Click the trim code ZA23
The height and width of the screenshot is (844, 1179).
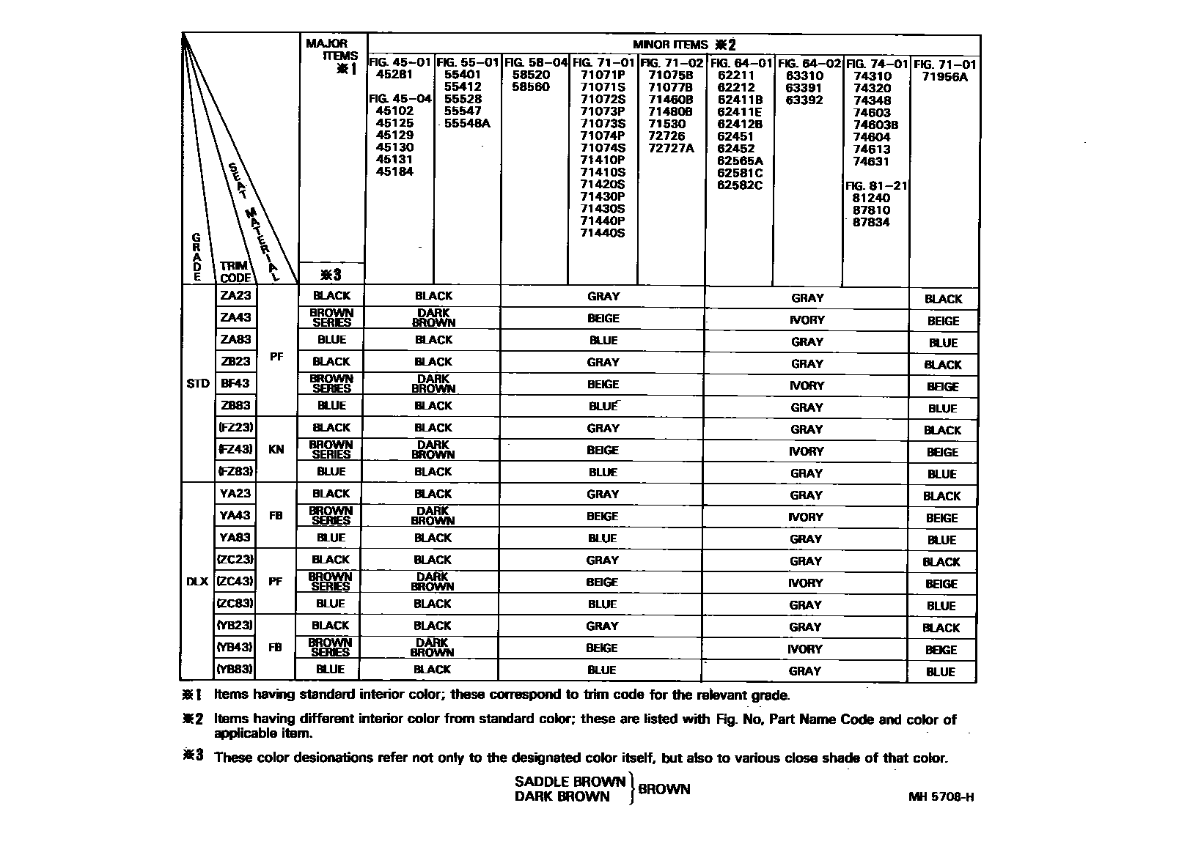[x=235, y=295]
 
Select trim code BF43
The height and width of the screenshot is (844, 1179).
[x=235, y=383]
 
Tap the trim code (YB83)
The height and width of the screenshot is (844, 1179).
[x=235, y=669]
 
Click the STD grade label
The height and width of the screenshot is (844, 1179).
[x=198, y=383]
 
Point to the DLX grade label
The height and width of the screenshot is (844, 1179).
[x=197, y=581]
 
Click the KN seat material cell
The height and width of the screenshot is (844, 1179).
[x=276, y=449]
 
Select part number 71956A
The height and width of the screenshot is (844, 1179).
[x=945, y=76]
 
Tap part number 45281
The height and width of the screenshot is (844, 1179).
[x=394, y=74]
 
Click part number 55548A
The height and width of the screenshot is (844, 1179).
[x=466, y=123]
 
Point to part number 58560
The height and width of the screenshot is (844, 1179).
[x=531, y=86]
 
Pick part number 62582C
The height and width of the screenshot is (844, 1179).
[x=740, y=185]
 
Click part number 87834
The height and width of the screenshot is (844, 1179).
[x=871, y=222]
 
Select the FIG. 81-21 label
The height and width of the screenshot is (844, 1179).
[x=876, y=186]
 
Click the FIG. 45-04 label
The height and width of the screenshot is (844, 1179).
[x=400, y=99]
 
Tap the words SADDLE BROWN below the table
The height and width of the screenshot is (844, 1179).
[x=570, y=782]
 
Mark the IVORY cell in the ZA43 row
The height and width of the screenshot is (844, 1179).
[x=807, y=319]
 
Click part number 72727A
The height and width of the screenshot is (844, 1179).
[x=671, y=148]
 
